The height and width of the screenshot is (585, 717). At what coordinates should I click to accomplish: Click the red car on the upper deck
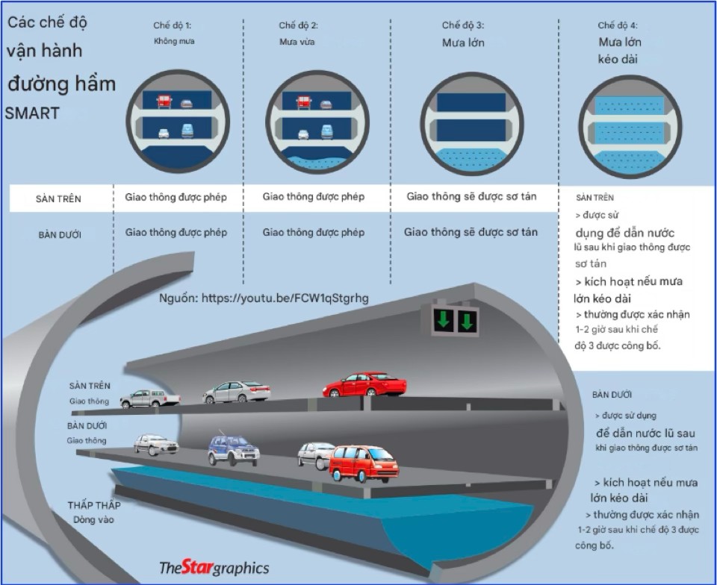pyautogui.click(x=365, y=384)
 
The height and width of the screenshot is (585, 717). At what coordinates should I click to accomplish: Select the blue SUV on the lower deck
pyautogui.click(x=234, y=450)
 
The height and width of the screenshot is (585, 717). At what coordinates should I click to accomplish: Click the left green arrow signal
pyautogui.click(x=443, y=320)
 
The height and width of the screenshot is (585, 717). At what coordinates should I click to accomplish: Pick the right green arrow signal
pyautogui.click(x=467, y=320)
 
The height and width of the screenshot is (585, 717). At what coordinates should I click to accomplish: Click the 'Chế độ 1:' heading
pyautogui.click(x=173, y=25)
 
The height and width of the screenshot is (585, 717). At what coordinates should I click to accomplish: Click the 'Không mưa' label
pyautogui.click(x=173, y=41)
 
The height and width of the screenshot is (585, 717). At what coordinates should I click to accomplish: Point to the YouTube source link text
pyautogui.click(x=264, y=298)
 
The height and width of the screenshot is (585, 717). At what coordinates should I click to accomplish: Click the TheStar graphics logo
pyautogui.click(x=214, y=568)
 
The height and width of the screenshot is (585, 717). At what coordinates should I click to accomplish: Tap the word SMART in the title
pyautogui.click(x=32, y=114)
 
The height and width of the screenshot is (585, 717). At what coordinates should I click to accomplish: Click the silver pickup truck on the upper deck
pyautogui.click(x=150, y=398)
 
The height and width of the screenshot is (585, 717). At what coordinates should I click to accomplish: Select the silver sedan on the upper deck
pyautogui.click(x=237, y=392)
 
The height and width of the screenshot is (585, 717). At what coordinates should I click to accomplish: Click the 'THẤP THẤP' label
pyautogui.click(x=94, y=505)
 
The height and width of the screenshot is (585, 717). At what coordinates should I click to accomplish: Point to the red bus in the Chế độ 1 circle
pyautogui.click(x=164, y=101)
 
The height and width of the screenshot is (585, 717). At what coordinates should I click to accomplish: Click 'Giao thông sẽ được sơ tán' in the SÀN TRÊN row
pyautogui.click(x=471, y=197)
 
